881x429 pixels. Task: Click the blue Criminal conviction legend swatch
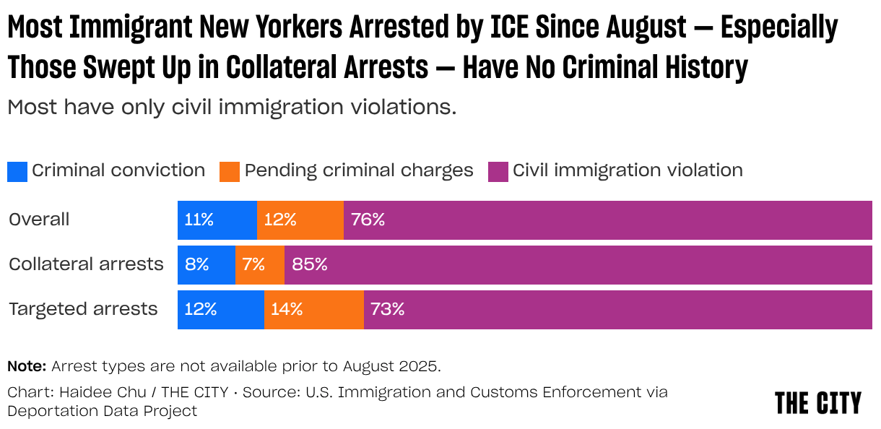17,171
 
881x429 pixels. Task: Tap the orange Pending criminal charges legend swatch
230,171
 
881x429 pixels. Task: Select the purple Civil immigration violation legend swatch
498,171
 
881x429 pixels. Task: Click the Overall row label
39,220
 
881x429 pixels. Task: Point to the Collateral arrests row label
86,264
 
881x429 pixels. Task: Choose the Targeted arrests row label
83,309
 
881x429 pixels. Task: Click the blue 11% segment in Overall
217,220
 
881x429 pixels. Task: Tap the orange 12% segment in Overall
300,220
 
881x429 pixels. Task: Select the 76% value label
368,220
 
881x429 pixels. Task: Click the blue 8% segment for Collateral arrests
206,265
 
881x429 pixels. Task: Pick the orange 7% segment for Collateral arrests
259,265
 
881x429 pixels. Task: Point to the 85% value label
310,265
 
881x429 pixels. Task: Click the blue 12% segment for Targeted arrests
220,310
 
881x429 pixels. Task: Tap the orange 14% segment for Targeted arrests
313,310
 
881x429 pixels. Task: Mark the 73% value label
387,310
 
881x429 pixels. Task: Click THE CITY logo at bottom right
817,403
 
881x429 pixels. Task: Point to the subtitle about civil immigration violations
232,108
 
